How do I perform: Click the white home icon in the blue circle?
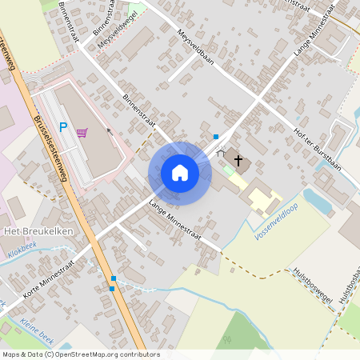point(179,173)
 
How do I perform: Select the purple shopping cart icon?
point(82,132)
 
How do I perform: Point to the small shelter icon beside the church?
point(222,152)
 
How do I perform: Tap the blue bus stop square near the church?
point(216,137)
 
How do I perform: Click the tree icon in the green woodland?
point(226,340)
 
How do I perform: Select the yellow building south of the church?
point(263,198)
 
